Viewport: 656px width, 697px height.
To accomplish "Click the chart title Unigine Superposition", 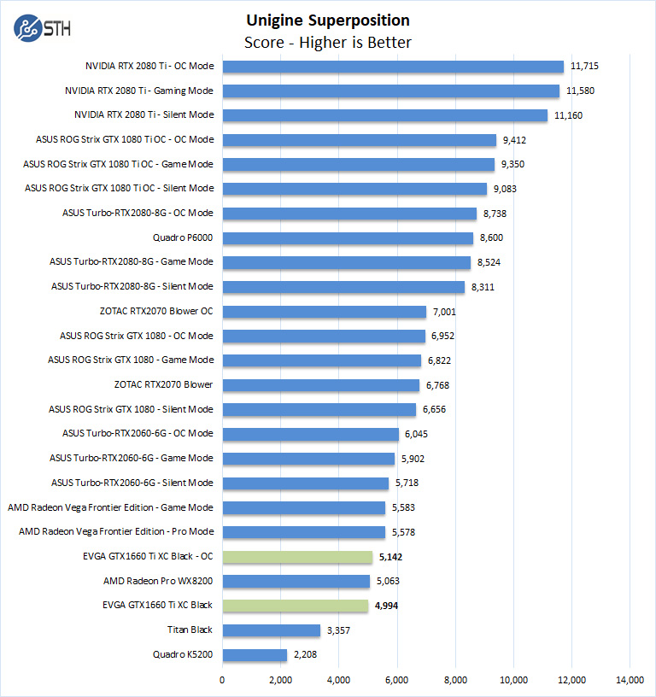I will coord(328,20).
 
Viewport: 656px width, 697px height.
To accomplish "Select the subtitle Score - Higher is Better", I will coord(328,43).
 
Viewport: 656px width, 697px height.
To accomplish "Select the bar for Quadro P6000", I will coord(348,237).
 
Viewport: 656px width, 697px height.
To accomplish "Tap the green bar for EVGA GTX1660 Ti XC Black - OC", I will coord(297,557).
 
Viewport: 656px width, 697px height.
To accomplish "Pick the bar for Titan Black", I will coord(271,630).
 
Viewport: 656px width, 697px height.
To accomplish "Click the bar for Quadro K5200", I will coord(255,655).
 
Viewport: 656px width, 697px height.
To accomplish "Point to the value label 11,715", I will coord(588,66).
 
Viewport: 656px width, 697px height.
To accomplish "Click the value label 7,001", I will coord(448,312).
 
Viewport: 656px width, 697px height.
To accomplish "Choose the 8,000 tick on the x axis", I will coord(455,680).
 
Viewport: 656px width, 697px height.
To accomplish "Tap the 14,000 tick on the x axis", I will coord(630,680).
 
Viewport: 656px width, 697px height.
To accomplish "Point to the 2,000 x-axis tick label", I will coord(280,680).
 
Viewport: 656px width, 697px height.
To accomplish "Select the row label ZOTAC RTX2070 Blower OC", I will coord(156,311).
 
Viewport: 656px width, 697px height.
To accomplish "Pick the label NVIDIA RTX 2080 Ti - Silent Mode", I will coord(143,114).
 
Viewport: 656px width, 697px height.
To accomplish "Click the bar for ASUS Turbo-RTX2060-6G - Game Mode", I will coord(308,459).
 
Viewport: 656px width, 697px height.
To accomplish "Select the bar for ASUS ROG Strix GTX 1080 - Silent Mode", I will coord(319,409).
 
